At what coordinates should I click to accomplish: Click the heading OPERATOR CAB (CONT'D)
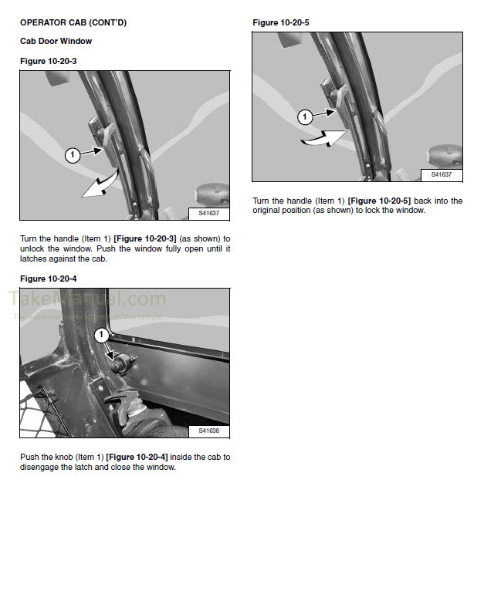pyautogui.click(x=73, y=23)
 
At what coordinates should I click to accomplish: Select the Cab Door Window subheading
pyautogui.click(x=56, y=42)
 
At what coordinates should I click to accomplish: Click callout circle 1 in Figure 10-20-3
pyautogui.click(x=72, y=156)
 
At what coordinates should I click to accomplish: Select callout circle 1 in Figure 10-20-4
pyautogui.click(x=100, y=335)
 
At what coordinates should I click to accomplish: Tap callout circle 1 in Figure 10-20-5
pyautogui.click(x=304, y=117)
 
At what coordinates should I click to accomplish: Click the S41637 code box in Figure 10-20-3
pyautogui.click(x=209, y=212)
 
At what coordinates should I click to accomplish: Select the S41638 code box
pyautogui.click(x=209, y=431)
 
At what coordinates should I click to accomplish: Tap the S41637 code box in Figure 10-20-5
pyautogui.click(x=442, y=174)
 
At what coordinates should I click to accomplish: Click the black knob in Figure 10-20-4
pyautogui.click(x=120, y=364)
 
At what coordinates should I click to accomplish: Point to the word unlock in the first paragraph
pyautogui.click(x=34, y=248)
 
